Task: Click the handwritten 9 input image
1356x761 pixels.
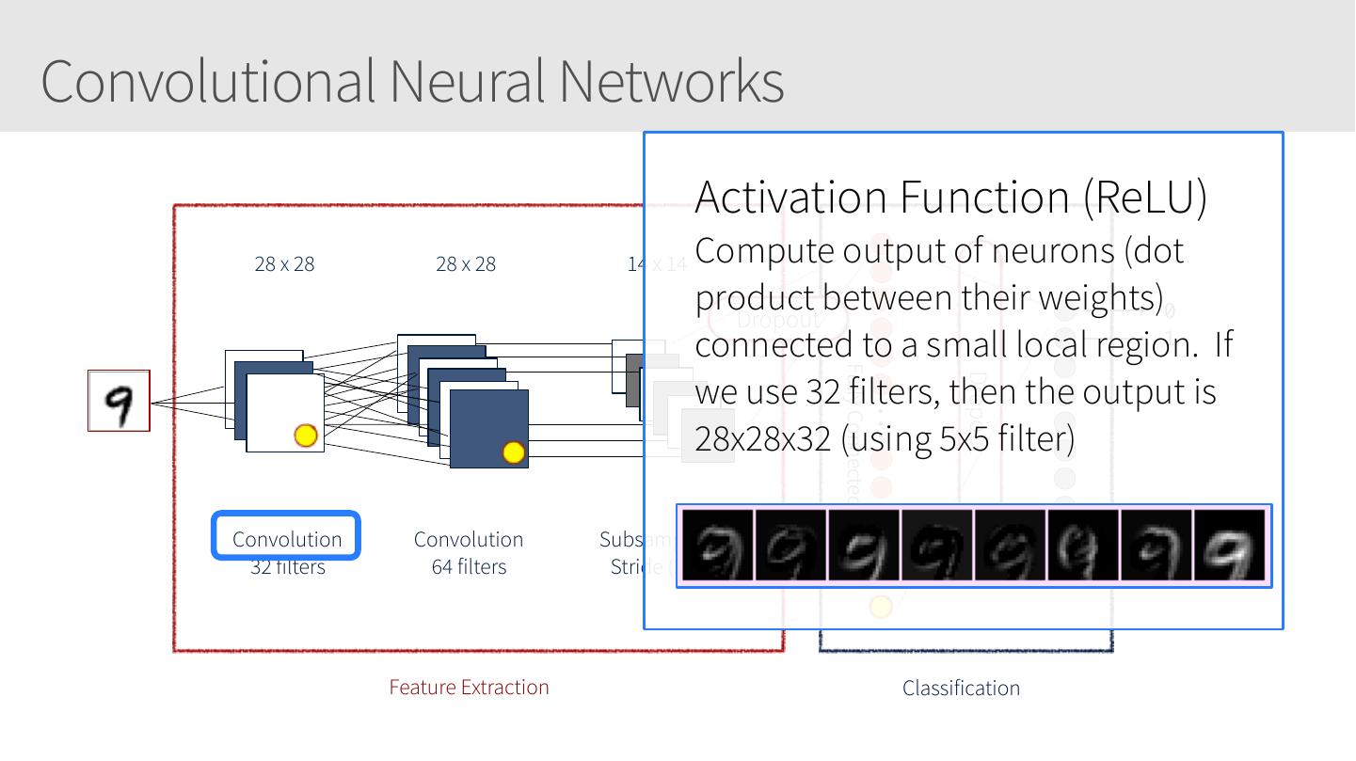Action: point(119,401)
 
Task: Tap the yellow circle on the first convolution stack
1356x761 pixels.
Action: point(306,435)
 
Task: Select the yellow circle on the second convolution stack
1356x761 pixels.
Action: point(513,452)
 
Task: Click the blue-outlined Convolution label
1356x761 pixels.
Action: point(286,537)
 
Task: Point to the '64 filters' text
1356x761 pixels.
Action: point(469,566)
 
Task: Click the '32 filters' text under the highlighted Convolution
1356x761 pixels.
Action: point(287,566)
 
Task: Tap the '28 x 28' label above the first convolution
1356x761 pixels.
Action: point(284,264)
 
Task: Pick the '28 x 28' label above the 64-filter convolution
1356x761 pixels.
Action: point(466,264)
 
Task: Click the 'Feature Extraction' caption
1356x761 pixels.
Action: point(469,687)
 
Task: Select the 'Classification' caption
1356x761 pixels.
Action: point(961,688)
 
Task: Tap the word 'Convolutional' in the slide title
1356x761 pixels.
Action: point(208,81)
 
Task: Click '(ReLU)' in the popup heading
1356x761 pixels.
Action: point(1144,196)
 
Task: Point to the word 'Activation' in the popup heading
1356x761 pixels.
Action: point(791,196)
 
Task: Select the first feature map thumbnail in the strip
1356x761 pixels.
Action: point(717,545)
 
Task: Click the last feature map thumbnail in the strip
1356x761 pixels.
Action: point(1231,545)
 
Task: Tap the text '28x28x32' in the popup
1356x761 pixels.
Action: point(763,438)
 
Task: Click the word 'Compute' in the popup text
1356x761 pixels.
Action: point(764,251)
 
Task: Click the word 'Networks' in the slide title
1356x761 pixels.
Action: point(671,81)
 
